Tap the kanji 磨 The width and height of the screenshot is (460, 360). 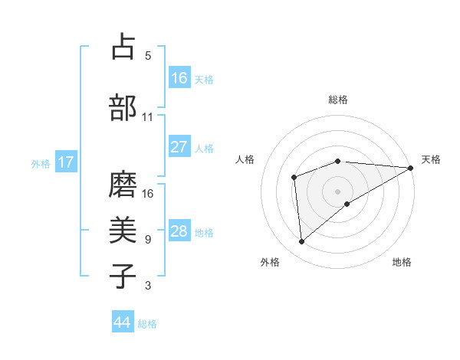tap(123, 184)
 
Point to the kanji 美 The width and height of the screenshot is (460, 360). tap(123, 229)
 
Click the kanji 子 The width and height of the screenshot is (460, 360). tap(123, 276)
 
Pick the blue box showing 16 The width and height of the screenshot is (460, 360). tap(179, 78)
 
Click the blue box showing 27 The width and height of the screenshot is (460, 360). tap(179, 147)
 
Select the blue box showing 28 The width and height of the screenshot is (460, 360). tap(179, 231)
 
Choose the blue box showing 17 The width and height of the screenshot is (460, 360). tap(66, 162)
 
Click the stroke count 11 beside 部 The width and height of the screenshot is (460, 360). tap(147, 117)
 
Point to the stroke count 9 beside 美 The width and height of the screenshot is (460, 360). tap(147, 240)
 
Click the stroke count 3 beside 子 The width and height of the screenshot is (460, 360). tap(147, 286)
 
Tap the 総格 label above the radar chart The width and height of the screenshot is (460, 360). tap(338, 100)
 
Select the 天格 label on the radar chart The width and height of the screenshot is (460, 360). tap(431, 159)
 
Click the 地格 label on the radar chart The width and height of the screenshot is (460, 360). tap(402, 263)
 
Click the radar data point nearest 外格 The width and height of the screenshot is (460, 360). tap(302, 242)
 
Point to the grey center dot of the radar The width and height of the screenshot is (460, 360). tap(337, 191)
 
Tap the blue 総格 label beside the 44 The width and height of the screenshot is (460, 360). tap(147, 324)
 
